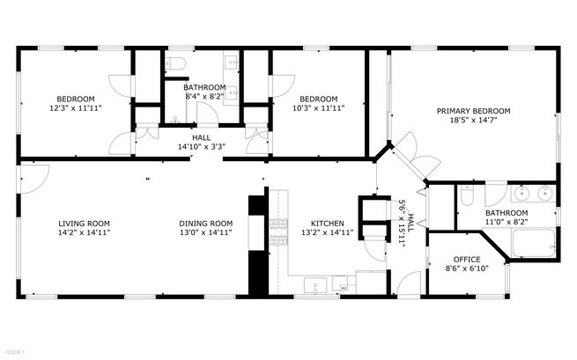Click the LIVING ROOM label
(84, 224)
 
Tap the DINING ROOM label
(206, 224)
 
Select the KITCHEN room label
(328, 224)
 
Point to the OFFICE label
(467, 260)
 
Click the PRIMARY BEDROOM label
(474, 111)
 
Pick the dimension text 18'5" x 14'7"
(474, 120)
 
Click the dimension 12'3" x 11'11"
(76, 108)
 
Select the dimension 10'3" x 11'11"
(319, 108)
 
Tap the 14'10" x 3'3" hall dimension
(202, 147)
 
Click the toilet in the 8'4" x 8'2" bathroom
(175, 63)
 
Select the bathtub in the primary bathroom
(534, 243)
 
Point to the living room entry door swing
(35, 179)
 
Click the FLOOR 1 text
(15, 352)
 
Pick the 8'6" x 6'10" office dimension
(467, 268)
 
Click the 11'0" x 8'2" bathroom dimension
(507, 222)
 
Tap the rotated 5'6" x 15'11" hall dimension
(405, 224)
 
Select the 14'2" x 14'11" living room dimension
(84, 232)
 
